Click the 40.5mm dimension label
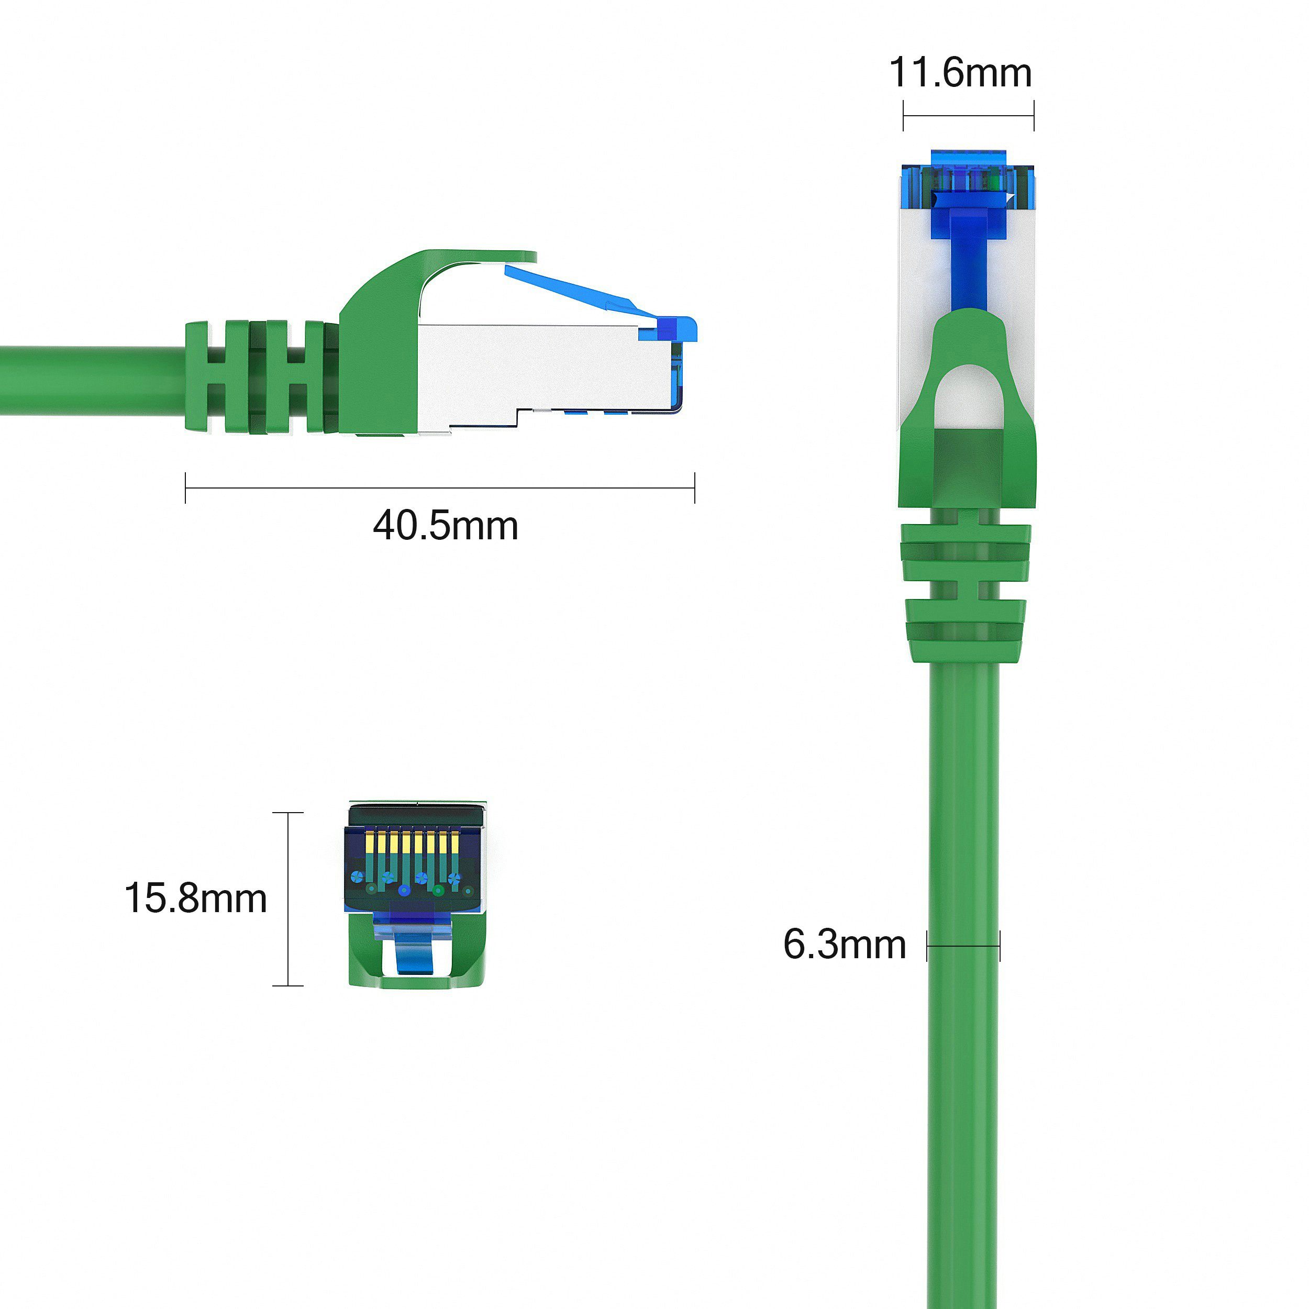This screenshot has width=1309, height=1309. coord(445,526)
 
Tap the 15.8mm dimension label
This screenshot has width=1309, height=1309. coord(195,898)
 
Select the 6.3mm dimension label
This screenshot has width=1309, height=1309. coord(844,944)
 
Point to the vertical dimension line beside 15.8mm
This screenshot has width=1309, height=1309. coord(289,898)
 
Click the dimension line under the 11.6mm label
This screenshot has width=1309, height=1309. coord(968,116)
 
